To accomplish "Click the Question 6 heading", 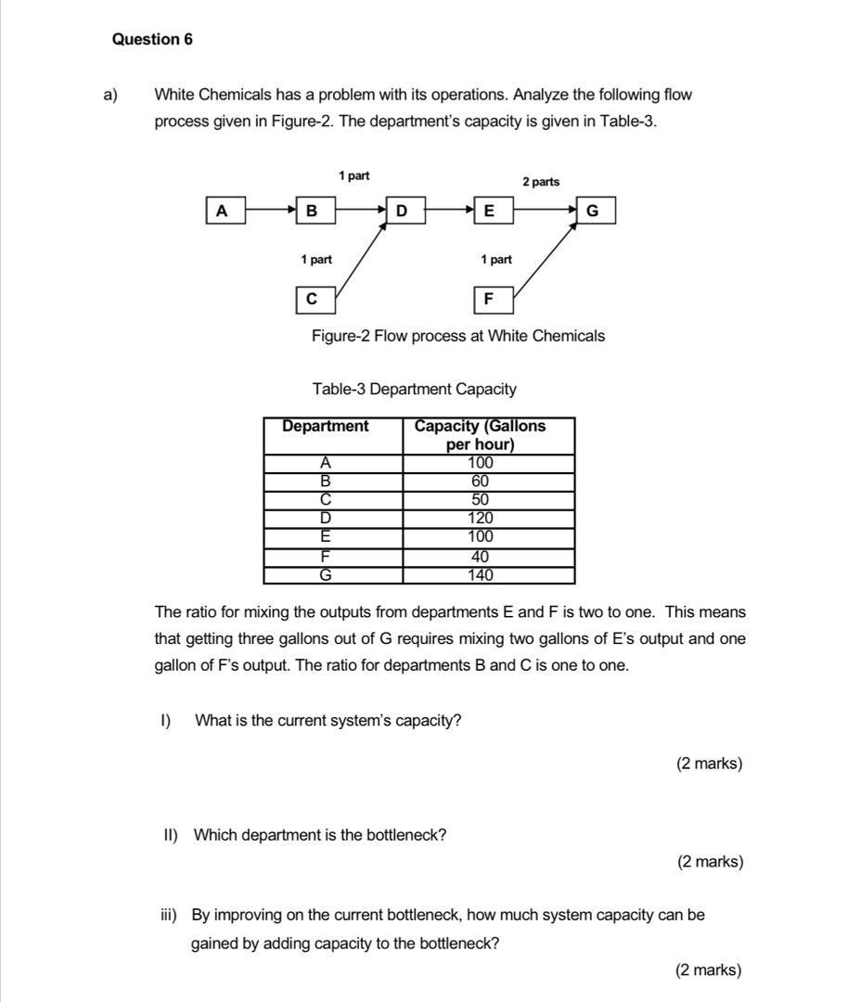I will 152,39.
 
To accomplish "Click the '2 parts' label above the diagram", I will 541,182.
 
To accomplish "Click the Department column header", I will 326,427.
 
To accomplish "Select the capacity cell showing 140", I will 481,575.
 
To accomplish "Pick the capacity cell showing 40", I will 481,557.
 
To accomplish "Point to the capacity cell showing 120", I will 481,519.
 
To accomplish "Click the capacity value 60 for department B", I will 481,482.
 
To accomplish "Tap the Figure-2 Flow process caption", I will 458,336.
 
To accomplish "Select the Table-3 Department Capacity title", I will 415,390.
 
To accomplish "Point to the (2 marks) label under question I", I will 710,764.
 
